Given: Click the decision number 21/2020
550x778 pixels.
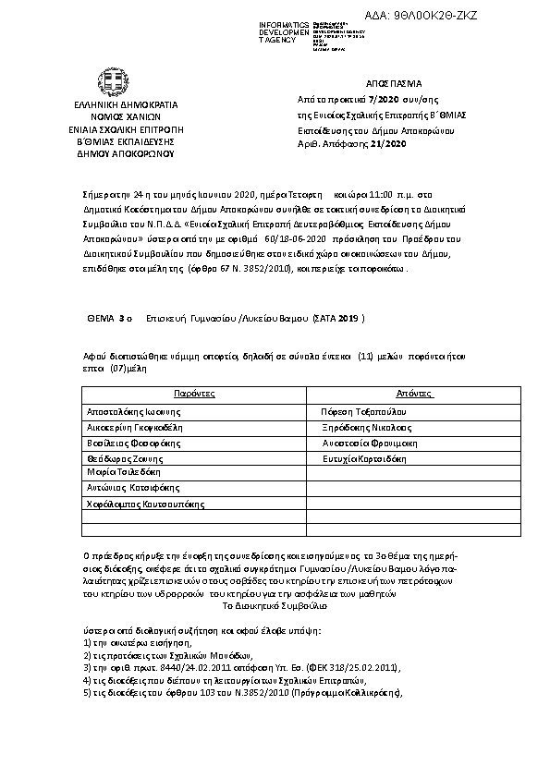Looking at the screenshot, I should click(387, 144).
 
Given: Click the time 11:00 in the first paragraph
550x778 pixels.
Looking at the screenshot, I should click(362, 197).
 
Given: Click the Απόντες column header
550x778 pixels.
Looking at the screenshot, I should click(416, 393).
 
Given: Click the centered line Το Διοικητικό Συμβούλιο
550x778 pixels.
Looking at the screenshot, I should click(275, 606).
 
